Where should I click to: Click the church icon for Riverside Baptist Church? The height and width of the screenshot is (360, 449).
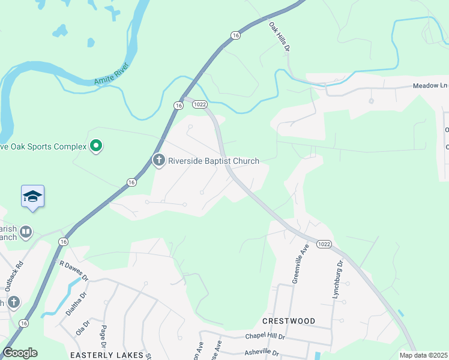pyautogui.click(x=159, y=160)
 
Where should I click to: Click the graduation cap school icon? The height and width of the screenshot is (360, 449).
pyautogui.click(x=32, y=196)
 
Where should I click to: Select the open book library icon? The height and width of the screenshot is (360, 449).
pyautogui.click(x=26, y=232)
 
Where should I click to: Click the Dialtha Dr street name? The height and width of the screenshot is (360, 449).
pyautogui.click(x=73, y=304)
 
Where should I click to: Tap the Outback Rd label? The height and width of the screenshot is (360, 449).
pyautogui.click(x=14, y=276)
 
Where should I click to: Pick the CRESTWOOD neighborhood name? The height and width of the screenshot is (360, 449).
pyautogui.click(x=289, y=321)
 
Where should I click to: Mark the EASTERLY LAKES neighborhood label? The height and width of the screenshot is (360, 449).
pyautogui.click(x=107, y=355)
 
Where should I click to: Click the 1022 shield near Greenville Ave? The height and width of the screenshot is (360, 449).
pyautogui.click(x=324, y=244)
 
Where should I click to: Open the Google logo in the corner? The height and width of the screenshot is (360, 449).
pyautogui.click(x=20, y=353)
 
